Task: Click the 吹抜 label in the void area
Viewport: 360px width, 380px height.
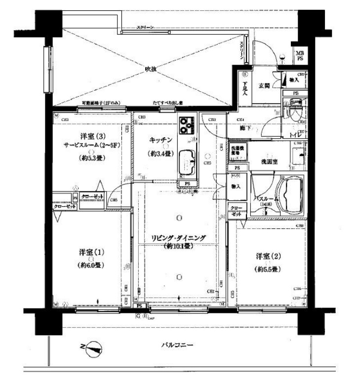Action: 151,70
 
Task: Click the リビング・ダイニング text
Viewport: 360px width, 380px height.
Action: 178,238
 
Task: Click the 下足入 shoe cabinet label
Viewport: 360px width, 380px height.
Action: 245,87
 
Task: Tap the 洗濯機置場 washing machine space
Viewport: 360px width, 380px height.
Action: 238,150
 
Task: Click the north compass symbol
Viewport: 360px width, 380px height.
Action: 93,349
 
